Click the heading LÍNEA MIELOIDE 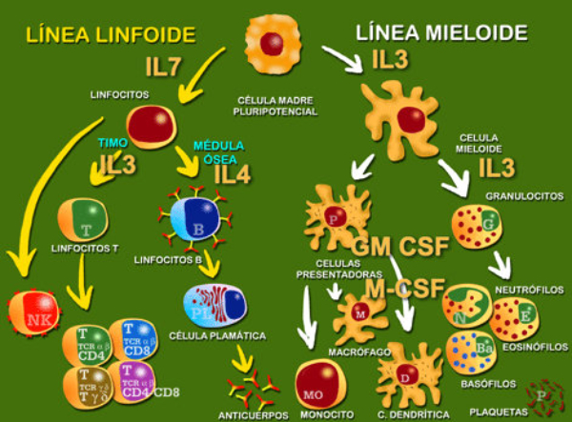pos(441,33)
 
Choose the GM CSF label pos(400,246)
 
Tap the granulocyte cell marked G pos(479,224)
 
